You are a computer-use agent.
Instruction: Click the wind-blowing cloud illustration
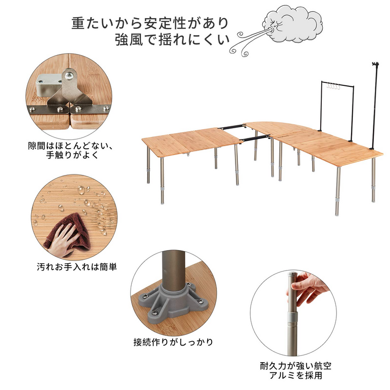pos(292,24)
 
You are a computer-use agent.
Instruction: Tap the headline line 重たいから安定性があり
pos(150,23)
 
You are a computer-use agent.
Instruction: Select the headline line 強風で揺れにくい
pos(172,40)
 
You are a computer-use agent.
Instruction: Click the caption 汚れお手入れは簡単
pos(77,267)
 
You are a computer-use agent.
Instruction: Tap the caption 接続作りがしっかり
pos(174,342)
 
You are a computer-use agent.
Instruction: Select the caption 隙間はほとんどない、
pos(70,145)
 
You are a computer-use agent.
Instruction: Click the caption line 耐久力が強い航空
pos(296,366)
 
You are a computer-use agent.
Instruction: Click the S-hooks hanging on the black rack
pos(333,87)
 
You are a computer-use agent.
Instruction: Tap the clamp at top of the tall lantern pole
pos(375,65)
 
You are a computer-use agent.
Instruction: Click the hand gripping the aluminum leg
pos(309,289)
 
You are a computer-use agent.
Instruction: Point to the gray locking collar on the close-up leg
pos(292,318)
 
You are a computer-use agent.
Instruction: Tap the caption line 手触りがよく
pos(72,155)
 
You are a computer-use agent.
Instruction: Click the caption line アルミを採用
pos(296,375)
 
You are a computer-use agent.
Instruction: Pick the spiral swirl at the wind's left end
pos(233,51)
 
